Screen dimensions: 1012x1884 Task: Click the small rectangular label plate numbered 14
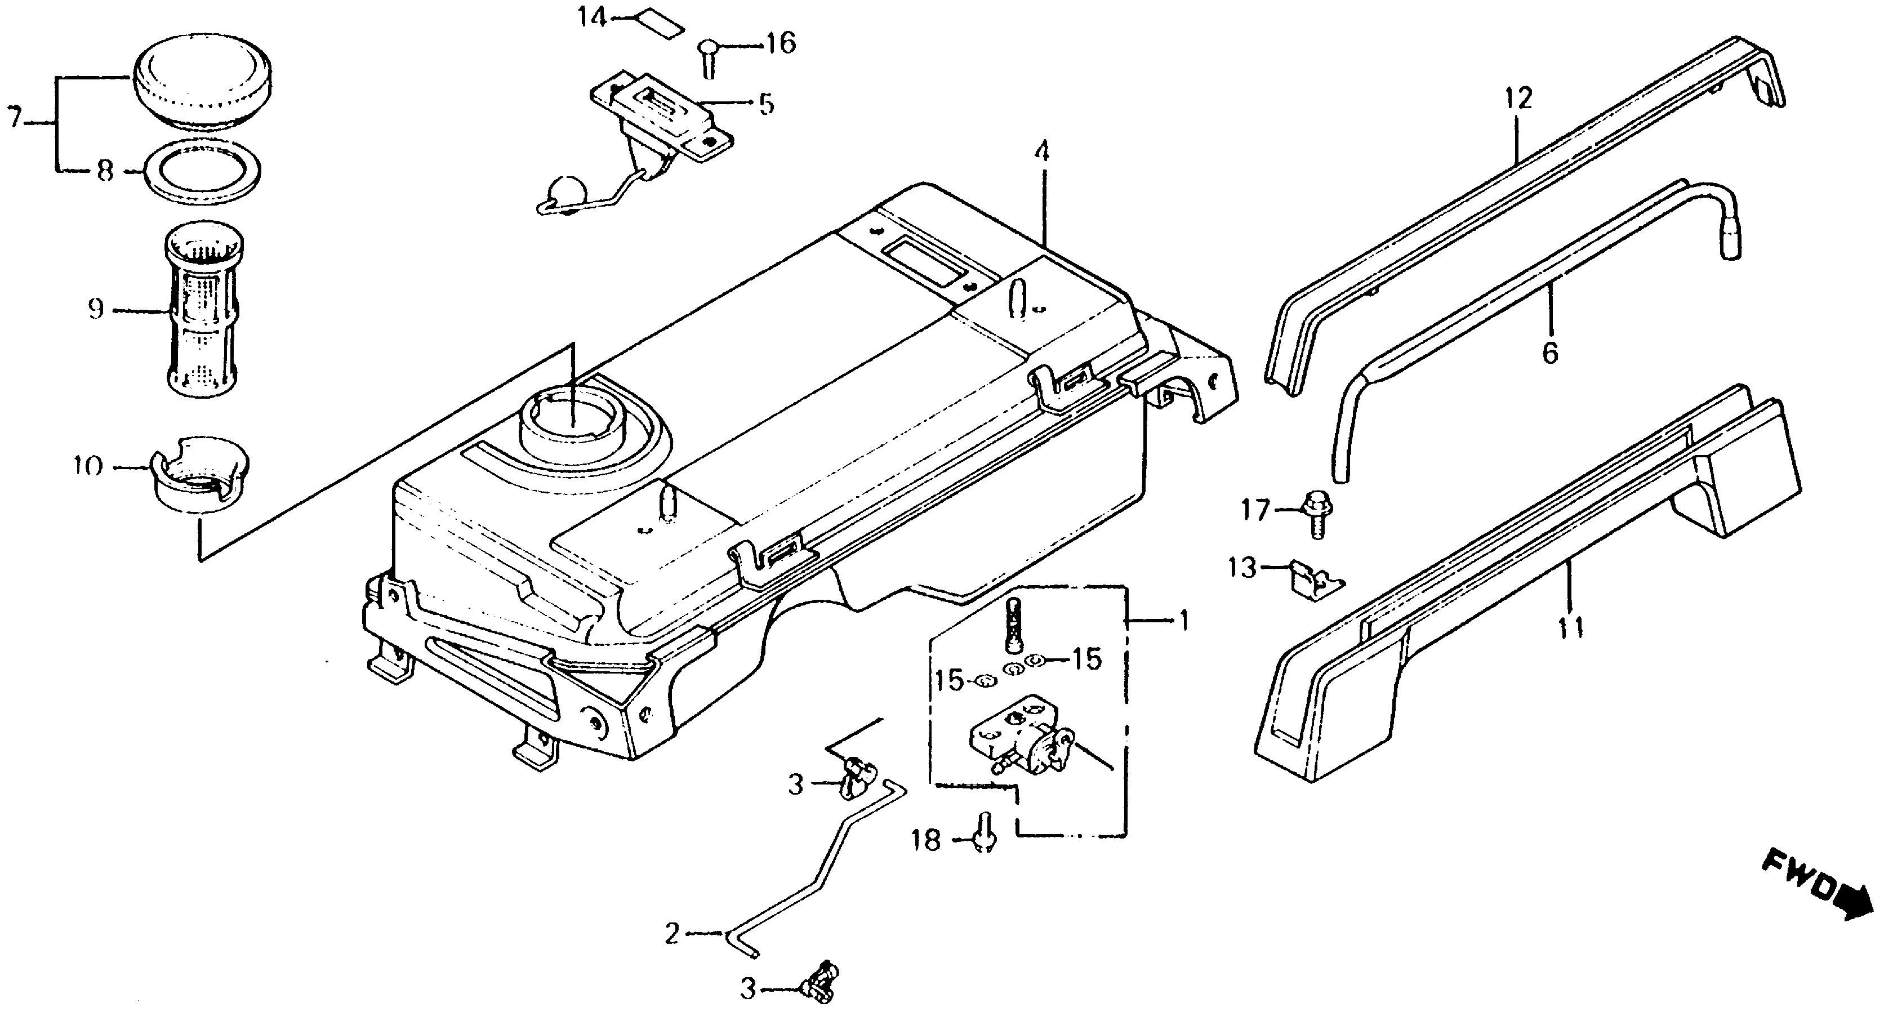pyautogui.click(x=659, y=24)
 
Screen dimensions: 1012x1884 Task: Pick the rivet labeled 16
pyautogui.click(x=708, y=56)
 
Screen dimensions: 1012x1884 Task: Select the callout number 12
pyautogui.click(x=1518, y=99)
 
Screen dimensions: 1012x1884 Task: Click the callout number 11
pyautogui.click(x=1570, y=627)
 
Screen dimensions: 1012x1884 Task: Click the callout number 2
pyautogui.click(x=672, y=933)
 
